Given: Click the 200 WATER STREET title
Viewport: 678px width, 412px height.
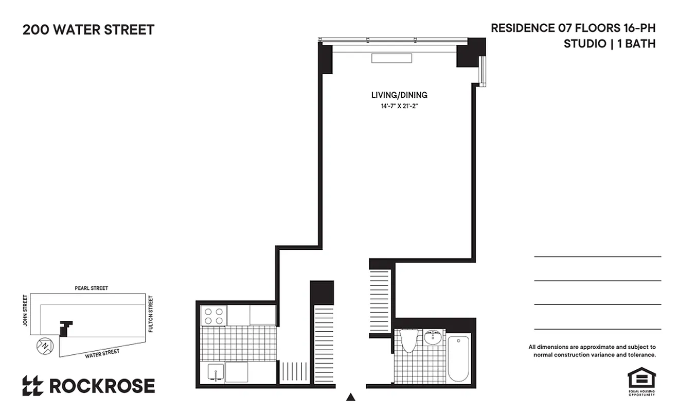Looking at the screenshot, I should point(88,30).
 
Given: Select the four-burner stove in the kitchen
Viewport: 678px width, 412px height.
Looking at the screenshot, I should point(213,315).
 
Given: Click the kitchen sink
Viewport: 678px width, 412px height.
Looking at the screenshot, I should point(216,371).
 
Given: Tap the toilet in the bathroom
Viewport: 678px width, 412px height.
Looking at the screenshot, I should point(409,340).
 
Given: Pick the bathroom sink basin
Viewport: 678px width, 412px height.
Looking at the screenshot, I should point(433,338).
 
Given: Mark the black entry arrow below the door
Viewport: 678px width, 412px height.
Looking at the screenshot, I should point(351,397).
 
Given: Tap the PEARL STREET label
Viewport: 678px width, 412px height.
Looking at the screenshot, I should point(92,288).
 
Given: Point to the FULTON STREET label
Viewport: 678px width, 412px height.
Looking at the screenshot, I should point(151,314).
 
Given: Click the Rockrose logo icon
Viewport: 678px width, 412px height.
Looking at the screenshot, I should point(33,386).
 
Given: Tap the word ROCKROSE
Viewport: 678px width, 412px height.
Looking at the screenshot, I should point(102,386).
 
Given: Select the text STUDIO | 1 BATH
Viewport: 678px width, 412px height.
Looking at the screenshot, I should point(610,44).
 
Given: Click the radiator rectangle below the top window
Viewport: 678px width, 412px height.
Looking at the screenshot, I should point(391,58).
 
